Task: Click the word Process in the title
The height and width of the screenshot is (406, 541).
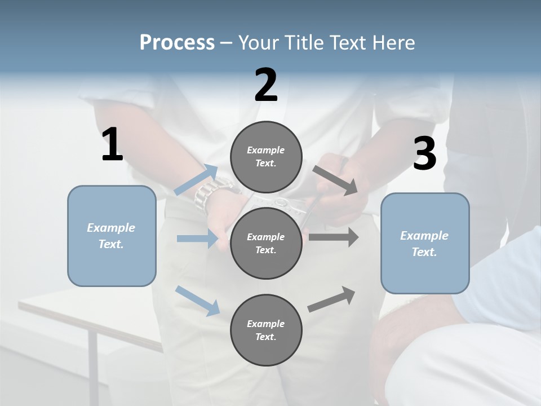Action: click(177, 43)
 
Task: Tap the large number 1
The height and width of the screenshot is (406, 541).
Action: click(112, 145)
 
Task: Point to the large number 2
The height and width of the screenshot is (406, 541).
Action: click(266, 85)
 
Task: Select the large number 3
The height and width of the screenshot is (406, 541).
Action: click(424, 153)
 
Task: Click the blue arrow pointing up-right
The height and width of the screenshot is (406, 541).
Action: click(196, 180)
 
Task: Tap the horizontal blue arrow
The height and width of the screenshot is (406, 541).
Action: click(197, 239)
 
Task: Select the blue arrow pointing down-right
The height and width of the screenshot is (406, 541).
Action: click(198, 301)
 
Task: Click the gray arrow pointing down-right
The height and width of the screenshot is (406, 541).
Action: click(336, 180)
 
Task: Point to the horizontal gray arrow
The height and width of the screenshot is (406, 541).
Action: click(334, 237)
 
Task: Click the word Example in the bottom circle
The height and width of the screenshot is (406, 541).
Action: click(265, 324)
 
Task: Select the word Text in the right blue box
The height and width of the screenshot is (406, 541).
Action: click(423, 252)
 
